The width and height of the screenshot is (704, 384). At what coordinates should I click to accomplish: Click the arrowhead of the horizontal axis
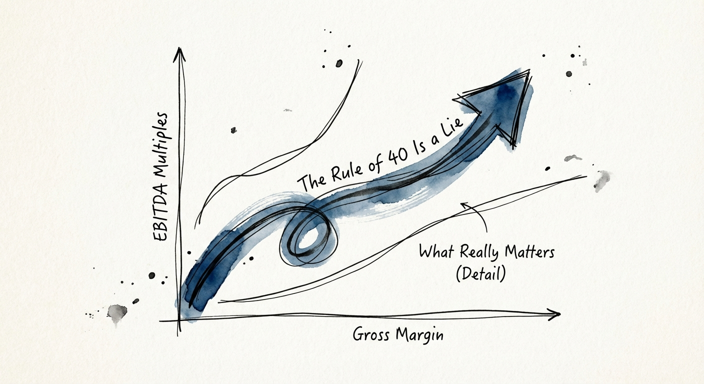[x=554, y=314]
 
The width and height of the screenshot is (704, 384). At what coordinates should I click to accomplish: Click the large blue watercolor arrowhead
[x=505, y=105]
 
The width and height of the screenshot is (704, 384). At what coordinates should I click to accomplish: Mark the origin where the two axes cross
[x=179, y=319]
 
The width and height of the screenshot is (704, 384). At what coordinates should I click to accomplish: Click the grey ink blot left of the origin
[x=116, y=313]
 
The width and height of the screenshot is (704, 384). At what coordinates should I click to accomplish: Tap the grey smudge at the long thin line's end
[x=602, y=180]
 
